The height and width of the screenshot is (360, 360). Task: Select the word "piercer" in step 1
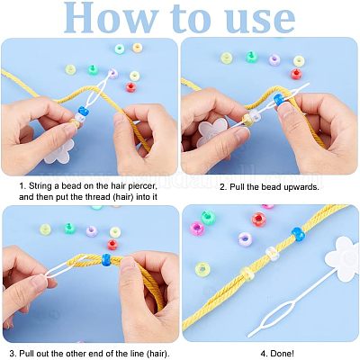click(x=140, y=186)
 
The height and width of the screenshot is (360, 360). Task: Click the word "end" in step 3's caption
click(x=112, y=354)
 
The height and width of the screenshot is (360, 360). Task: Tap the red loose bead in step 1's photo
click(x=130, y=87)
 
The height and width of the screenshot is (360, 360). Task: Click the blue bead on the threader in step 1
click(x=84, y=110)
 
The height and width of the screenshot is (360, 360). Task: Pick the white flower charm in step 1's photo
click(x=58, y=151)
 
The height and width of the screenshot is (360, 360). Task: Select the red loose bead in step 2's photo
click(x=296, y=74)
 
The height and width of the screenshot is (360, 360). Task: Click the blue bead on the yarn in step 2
click(x=279, y=99)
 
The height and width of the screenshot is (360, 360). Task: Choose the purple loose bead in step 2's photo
click(x=274, y=59)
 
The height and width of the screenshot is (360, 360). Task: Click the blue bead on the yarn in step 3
click(x=106, y=260)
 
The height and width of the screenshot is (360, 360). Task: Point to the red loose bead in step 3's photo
click(x=112, y=244)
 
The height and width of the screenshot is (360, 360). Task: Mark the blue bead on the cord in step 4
click(x=298, y=234)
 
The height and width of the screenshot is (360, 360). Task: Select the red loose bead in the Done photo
click(x=259, y=220)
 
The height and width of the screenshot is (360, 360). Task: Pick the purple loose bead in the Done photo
click(x=245, y=239)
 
